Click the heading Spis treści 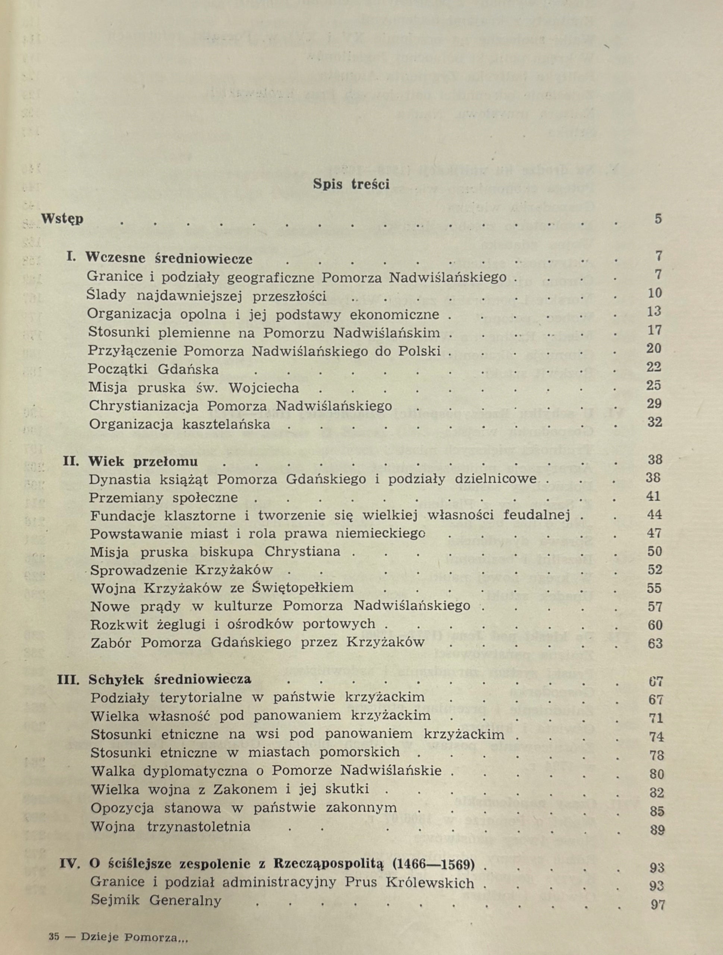pos(351,184)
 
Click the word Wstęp pos(62,219)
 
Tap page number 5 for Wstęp pos(658,219)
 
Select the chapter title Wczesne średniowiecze pos(169,258)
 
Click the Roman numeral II pos(71,461)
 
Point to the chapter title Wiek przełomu pos(143,461)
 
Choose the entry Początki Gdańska pos(153,369)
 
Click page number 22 pos(654,367)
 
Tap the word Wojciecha pos(264,388)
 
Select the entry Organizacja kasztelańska pos(180,424)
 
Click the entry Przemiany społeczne pos(164,497)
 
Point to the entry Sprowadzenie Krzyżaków pos(182,570)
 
